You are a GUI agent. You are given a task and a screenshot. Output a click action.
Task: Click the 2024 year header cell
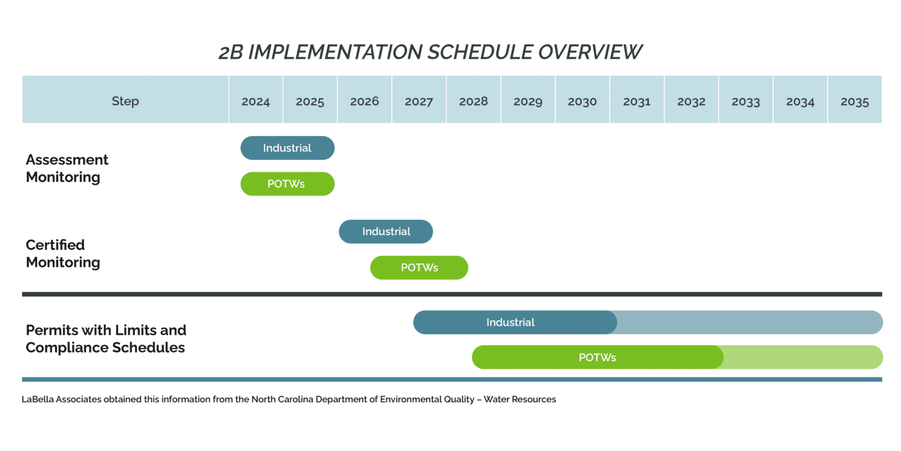click(256, 99)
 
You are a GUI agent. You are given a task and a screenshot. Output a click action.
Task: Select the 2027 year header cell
click(419, 99)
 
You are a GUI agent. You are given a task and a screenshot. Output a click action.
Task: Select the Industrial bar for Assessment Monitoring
click(287, 148)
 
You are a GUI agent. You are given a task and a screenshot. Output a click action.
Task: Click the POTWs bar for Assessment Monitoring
click(287, 184)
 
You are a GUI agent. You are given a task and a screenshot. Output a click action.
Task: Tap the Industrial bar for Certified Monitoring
click(386, 231)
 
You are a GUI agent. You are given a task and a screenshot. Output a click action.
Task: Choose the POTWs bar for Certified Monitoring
click(419, 267)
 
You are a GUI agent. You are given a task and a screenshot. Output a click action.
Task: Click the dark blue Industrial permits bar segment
click(515, 322)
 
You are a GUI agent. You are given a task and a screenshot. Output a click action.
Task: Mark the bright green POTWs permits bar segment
click(598, 357)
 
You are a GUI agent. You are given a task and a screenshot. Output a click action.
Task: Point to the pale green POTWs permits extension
click(804, 357)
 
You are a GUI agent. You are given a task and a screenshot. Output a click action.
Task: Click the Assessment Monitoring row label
click(67, 168)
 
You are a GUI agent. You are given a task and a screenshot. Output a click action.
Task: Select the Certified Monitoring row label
click(63, 253)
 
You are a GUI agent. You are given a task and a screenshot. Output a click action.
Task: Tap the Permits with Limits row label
click(106, 339)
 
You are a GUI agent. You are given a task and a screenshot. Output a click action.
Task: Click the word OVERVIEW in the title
click(590, 52)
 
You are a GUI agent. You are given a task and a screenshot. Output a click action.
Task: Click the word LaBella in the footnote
click(38, 399)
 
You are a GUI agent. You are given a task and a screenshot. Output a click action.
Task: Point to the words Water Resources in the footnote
click(520, 399)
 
